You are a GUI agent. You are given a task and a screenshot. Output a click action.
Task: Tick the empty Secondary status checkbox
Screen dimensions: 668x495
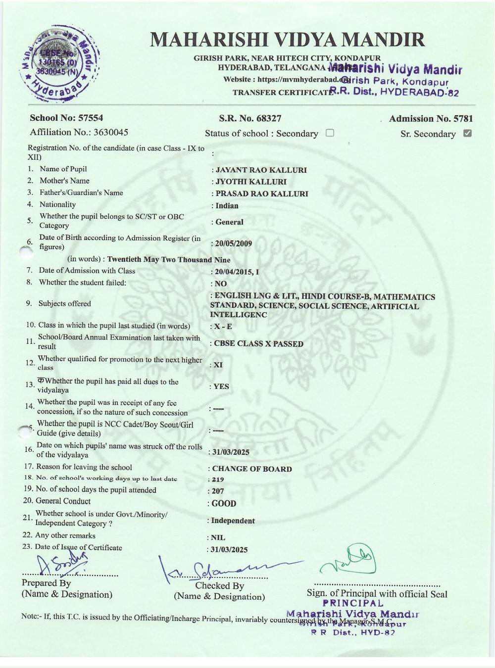pyautogui.click(x=330, y=133)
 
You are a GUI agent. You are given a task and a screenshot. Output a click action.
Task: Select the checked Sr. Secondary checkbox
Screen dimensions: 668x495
pyautogui.click(x=467, y=133)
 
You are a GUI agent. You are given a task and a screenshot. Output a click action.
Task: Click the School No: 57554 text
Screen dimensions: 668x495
pyautogui.click(x=66, y=118)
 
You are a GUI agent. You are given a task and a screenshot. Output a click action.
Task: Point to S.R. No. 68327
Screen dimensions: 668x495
pyautogui.click(x=250, y=118)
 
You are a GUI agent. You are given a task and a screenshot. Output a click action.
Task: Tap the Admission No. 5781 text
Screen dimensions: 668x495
pyautogui.click(x=431, y=119)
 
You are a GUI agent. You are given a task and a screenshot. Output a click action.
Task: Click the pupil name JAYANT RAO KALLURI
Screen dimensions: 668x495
pyautogui.click(x=261, y=170)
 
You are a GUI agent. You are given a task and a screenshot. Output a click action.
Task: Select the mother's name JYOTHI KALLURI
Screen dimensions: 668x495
pyautogui.click(x=251, y=182)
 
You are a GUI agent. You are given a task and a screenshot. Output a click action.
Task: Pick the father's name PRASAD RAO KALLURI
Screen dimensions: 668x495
pyautogui.click(x=261, y=194)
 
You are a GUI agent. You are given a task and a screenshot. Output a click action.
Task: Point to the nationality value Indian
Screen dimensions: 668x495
pyautogui.click(x=227, y=206)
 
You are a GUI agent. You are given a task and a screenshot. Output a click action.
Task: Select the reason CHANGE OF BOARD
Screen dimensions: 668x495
pyautogui.click(x=252, y=469)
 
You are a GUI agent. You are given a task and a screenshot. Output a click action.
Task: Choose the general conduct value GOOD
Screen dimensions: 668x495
pyautogui.click(x=224, y=504)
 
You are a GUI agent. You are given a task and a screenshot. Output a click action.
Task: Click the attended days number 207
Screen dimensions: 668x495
pyautogui.click(x=218, y=491)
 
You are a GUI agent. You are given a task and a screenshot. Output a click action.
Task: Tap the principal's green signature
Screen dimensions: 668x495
pyautogui.click(x=349, y=560)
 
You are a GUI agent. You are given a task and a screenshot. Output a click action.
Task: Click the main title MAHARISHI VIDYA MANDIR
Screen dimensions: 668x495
pyautogui.click(x=287, y=40)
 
